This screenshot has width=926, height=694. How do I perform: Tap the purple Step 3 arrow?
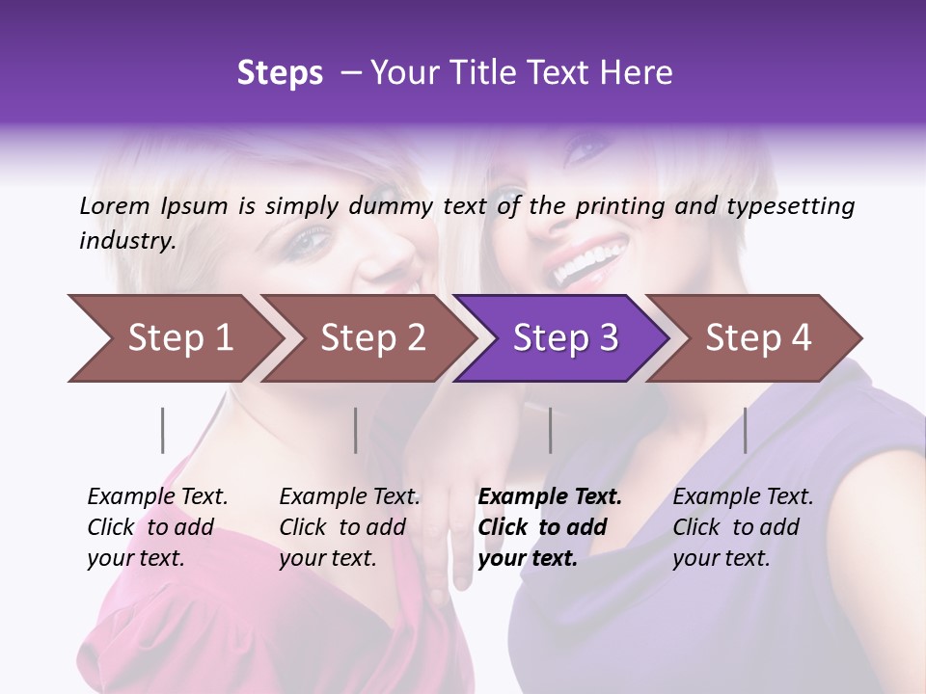click(565, 338)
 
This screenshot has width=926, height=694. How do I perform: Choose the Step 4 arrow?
click(758, 338)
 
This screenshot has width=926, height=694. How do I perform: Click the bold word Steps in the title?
click(280, 73)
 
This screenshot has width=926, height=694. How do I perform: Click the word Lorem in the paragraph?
click(115, 206)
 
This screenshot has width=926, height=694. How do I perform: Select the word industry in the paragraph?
click(126, 241)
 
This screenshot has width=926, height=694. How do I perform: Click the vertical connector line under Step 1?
click(163, 430)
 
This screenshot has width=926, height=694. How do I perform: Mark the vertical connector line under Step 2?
click(356, 430)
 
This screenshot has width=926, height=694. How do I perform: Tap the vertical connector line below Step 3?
click(551, 430)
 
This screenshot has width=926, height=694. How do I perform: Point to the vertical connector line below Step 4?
click(746, 430)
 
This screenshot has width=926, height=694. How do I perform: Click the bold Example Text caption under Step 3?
click(550, 527)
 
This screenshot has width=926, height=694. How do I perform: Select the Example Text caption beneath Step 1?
click(157, 527)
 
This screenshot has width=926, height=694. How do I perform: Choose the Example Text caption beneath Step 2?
click(349, 527)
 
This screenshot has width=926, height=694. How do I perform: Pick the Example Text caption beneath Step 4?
click(743, 527)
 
